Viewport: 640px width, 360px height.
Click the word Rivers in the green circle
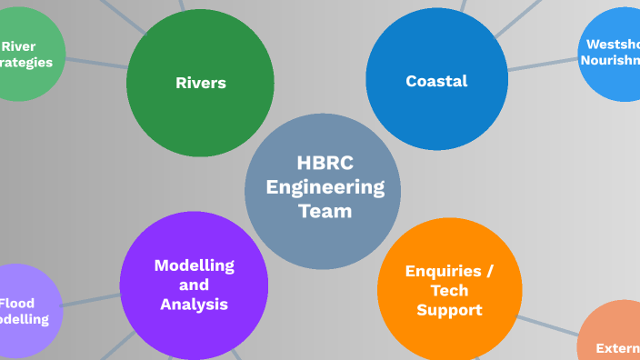coord(200,83)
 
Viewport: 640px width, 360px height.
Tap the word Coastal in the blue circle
coord(436,81)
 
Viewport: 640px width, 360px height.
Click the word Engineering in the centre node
coord(325,187)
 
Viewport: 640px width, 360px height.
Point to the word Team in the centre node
coord(325,211)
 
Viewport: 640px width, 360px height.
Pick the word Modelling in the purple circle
coord(194,265)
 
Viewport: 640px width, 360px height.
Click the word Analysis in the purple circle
coord(194,305)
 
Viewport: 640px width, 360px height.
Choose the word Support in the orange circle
coord(449,310)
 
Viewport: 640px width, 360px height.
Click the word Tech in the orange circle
coord(449,291)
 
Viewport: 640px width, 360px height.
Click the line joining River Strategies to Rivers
coord(96,63)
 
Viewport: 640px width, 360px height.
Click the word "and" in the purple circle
coord(194,285)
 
